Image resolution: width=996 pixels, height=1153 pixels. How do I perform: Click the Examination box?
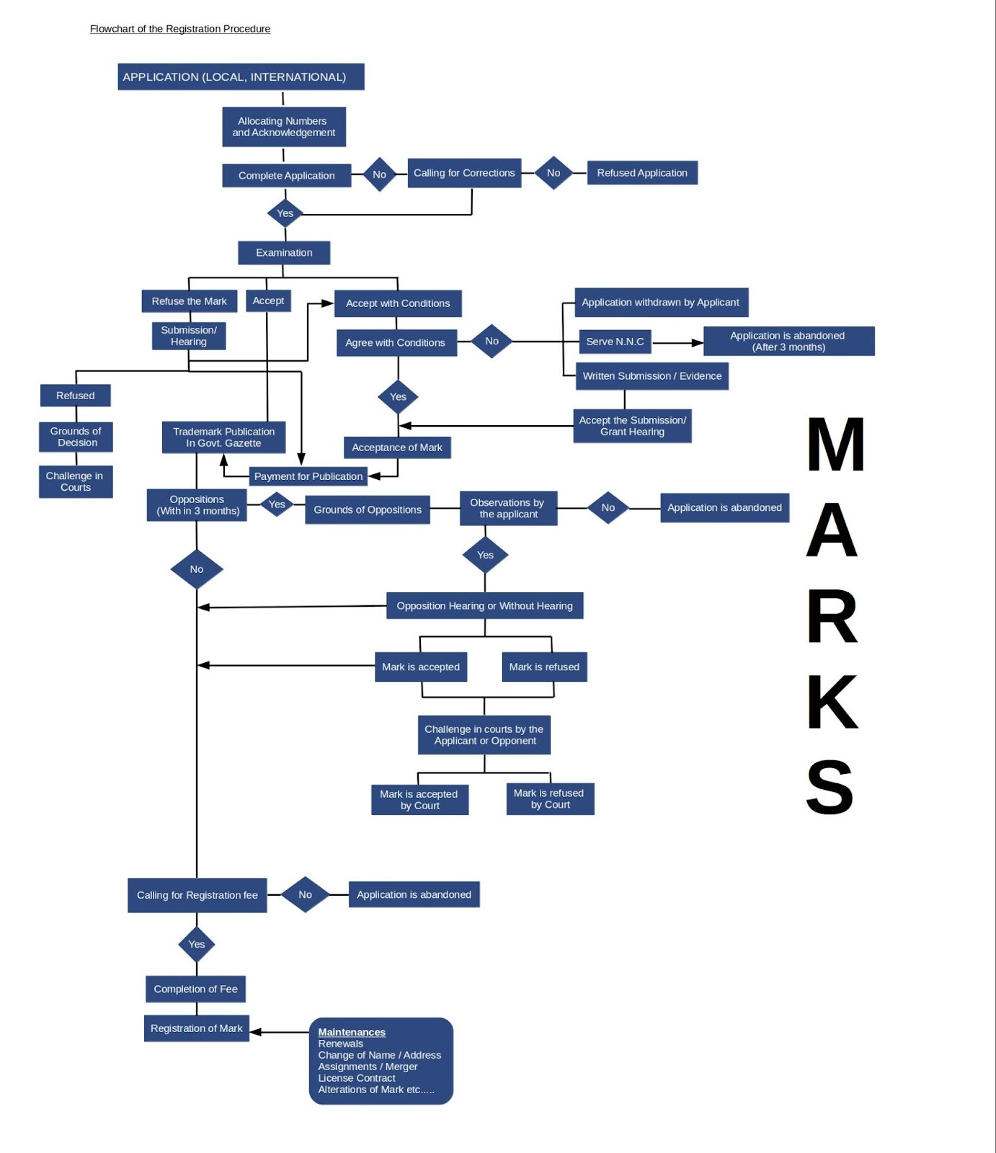click(x=284, y=253)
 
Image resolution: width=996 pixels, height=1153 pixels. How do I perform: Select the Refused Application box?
click(x=642, y=173)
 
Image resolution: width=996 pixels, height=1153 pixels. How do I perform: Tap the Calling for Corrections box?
click(x=464, y=173)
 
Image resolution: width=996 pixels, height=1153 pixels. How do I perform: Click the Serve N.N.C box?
click(x=615, y=342)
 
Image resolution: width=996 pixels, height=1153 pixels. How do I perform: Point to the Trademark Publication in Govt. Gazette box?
click(x=223, y=437)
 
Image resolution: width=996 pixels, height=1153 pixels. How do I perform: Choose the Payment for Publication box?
click(x=308, y=476)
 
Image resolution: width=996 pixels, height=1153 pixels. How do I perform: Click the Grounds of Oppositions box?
click(x=368, y=509)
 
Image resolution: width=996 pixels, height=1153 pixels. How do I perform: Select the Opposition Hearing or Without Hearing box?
click(x=484, y=606)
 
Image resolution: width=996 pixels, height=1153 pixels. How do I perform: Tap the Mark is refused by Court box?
click(x=550, y=798)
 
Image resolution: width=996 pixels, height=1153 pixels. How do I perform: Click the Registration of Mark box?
click(x=196, y=1028)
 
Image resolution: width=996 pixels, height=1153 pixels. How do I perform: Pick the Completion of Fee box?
click(x=195, y=989)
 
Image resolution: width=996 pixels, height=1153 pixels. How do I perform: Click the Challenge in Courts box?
click(x=75, y=481)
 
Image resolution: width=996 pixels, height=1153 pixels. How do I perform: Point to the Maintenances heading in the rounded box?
click(x=352, y=1032)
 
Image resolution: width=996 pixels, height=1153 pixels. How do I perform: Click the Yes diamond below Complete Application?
click(x=285, y=213)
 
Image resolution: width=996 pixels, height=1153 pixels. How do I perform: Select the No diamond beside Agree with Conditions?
click(x=492, y=342)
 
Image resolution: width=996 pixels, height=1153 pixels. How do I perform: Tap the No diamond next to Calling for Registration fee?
click(x=305, y=894)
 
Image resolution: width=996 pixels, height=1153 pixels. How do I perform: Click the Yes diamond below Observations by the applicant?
click(x=485, y=555)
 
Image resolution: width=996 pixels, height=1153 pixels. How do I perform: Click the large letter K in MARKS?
click(x=832, y=702)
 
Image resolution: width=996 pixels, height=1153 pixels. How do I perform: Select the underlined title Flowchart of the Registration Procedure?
click(x=180, y=29)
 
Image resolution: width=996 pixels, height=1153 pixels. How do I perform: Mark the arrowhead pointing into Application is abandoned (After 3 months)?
click(x=698, y=343)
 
